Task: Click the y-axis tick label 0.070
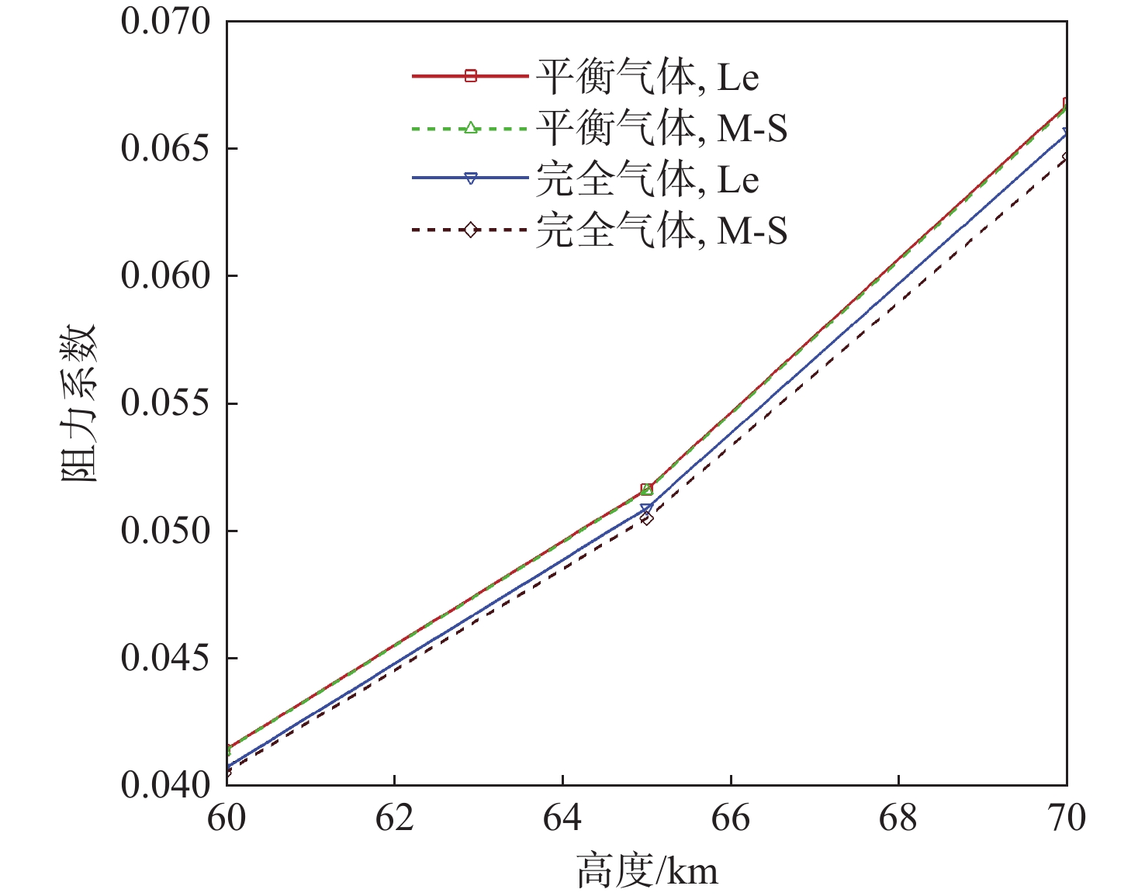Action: click(155, 22)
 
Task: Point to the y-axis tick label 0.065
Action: click(155, 149)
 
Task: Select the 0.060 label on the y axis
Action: click(155, 276)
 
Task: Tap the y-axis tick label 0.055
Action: click(155, 403)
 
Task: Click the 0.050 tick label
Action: click(155, 531)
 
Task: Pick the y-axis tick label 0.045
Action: click(155, 659)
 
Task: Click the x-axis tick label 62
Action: click(395, 818)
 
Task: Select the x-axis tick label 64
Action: click(562, 818)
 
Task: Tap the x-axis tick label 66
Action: click(731, 818)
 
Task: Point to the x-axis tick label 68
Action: click(898, 818)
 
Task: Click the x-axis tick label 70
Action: click(1067, 818)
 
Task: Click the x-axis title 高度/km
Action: click(647, 870)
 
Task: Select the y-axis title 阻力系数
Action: click(79, 403)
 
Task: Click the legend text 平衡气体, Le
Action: click(647, 77)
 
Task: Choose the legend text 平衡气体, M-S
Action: click(661, 128)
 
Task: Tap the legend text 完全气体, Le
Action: click(647, 179)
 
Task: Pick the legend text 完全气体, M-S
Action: click(661, 230)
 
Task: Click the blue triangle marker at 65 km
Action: click(647, 510)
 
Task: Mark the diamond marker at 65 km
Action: click(647, 518)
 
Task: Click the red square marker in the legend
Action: click(470, 76)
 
